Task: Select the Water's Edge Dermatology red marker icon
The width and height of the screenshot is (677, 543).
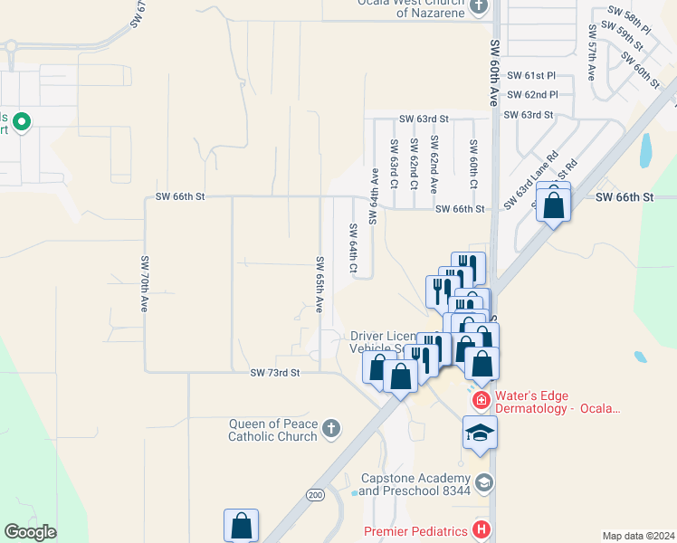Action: [x=481, y=399]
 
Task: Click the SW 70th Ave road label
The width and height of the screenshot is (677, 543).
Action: [x=144, y=284]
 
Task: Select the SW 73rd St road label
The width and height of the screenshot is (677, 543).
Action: [x=274, y=372]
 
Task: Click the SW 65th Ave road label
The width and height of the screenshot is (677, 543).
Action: [x=319, y=284]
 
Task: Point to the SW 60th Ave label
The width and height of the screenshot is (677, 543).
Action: [x=494, y=72]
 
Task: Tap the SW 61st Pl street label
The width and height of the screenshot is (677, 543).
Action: [x=531, y=76]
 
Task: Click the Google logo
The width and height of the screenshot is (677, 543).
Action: [x=30, y=531]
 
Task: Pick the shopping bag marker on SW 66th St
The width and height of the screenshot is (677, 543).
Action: [x=553, y=203]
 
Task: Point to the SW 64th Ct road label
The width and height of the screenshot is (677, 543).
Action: [x=353, y=250]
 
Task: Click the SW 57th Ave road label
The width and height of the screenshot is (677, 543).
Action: [x=591, y=60]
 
